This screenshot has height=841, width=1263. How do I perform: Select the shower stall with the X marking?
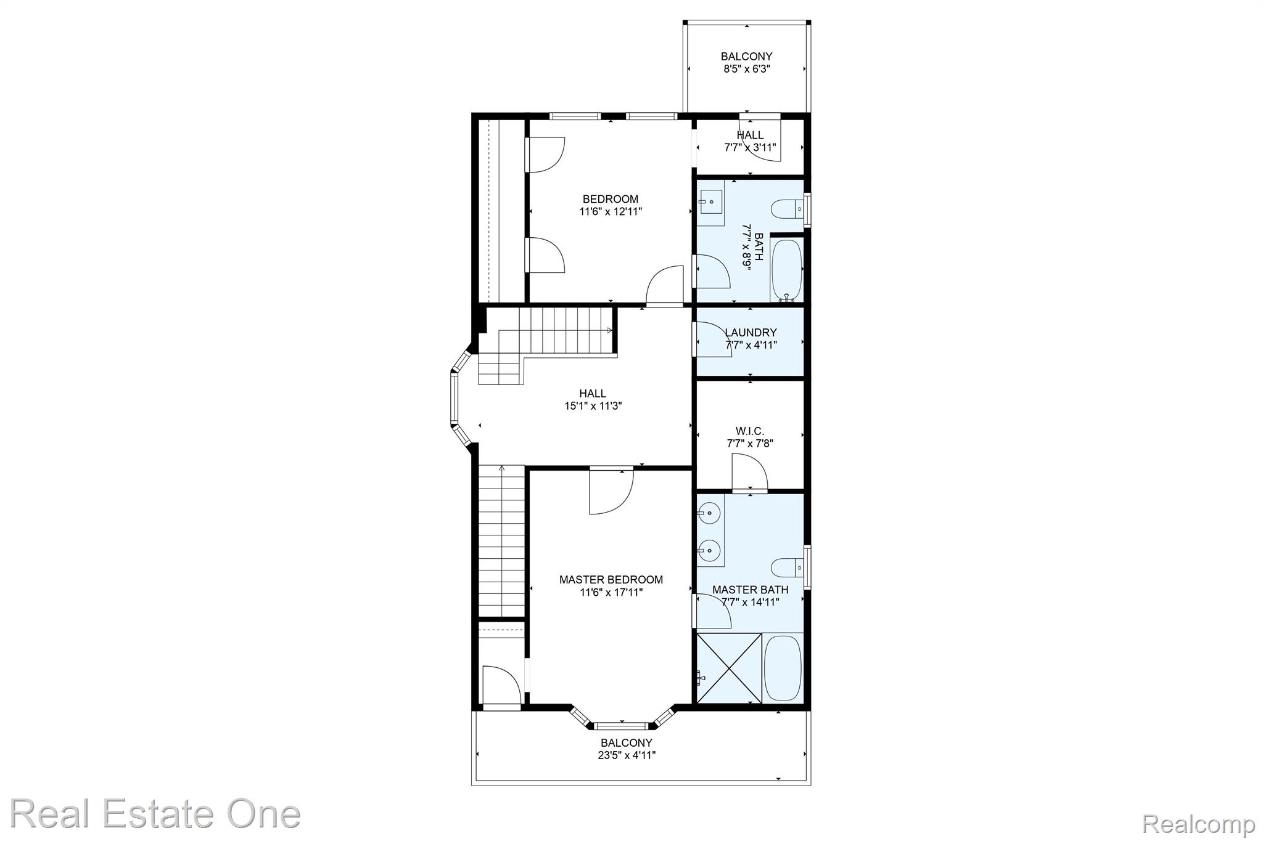click(728, 667)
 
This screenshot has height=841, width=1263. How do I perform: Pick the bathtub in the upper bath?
click(786, 269)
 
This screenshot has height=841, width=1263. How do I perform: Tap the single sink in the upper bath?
click(710, 200)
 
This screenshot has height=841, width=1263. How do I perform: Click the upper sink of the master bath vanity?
click(710, 512)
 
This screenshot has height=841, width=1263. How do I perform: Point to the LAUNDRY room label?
click(751, 333)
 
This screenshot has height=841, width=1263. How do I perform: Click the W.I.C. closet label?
click(750, 431)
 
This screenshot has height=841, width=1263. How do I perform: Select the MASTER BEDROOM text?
click(611, 580)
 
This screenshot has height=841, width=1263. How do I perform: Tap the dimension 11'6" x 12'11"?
click(611, 211)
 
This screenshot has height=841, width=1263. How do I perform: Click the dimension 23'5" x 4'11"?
click(627, 755)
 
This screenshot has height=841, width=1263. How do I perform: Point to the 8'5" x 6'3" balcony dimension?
click(747, 69)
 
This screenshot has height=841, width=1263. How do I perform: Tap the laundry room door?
click(713, 339)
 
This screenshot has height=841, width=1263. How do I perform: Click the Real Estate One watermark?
click(155, 813)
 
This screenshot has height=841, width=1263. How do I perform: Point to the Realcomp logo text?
click(1199, 823)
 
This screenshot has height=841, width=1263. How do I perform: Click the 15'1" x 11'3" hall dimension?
click(593, 406)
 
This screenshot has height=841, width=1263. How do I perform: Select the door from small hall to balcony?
click(760, 138)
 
